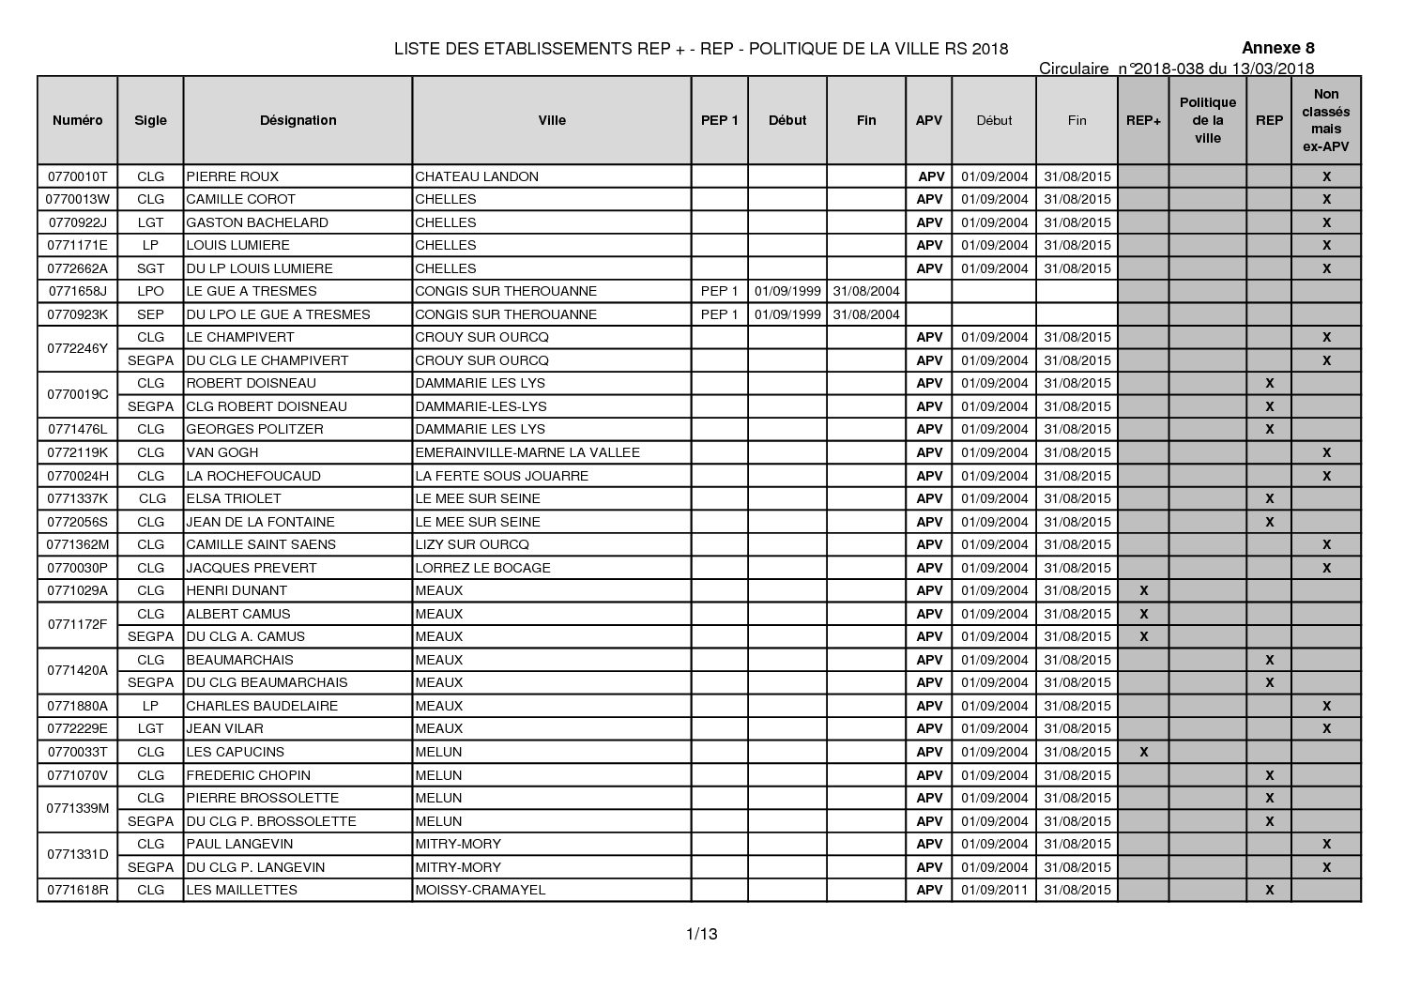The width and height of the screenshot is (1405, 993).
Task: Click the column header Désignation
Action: (298, 120)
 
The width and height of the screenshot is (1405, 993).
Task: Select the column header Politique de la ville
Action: (1207, 120)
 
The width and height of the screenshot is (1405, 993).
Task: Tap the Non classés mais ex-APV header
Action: (1325, 120)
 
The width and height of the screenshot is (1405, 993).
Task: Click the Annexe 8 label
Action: (1277, 49)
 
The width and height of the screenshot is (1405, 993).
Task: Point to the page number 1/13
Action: (702, 933)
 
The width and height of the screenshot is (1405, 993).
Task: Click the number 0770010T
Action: (77, 176)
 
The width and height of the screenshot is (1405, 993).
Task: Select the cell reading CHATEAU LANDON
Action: (477, 176)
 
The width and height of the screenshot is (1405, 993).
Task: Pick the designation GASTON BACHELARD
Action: (257, 222)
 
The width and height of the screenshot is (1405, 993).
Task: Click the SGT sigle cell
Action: (150, 268)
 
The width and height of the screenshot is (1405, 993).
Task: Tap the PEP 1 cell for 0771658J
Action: (719, 291)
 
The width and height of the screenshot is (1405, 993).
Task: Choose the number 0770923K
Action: (77, 314)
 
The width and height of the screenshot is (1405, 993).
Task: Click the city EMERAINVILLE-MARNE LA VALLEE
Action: (527, 452)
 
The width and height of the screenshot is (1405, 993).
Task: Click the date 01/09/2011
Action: (994, 890)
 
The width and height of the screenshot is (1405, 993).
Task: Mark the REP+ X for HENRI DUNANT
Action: (1143, 590)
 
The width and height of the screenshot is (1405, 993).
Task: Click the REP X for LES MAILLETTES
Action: (1269, 890)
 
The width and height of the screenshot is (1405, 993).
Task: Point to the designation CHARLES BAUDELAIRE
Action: (262, 706)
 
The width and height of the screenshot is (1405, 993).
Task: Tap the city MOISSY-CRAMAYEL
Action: (480, 890)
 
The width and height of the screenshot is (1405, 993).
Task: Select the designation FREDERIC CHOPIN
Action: (249, 775)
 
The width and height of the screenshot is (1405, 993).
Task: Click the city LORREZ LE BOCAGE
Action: (482, 568)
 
